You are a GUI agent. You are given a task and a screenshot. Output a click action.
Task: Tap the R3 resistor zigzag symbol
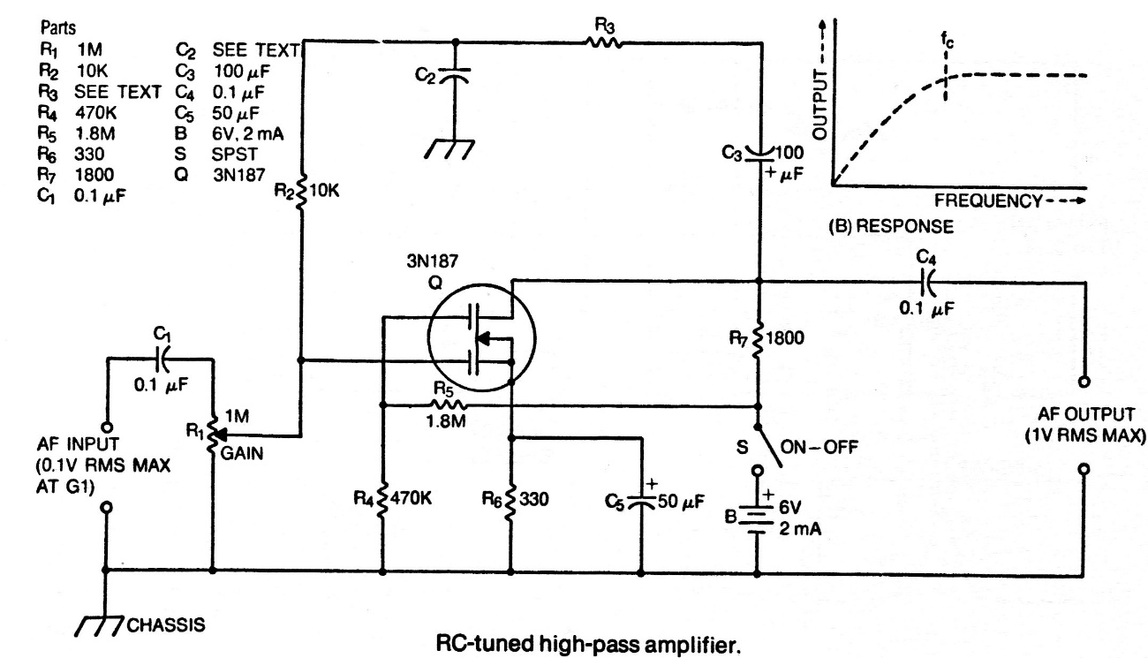603,42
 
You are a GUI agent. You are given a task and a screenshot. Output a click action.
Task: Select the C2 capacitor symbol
456,77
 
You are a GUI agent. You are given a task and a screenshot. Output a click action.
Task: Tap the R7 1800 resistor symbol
758,340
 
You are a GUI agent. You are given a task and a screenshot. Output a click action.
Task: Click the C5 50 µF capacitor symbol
644,501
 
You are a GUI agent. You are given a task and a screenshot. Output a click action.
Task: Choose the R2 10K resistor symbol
301,192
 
